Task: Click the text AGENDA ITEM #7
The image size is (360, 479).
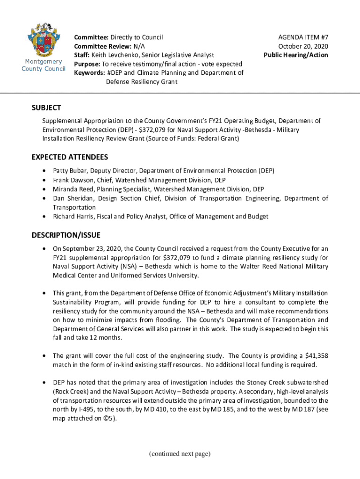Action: click(303, 37)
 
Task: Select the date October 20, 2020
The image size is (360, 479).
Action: click(303, 46)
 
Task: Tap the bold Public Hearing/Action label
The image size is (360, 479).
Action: click(296, 55)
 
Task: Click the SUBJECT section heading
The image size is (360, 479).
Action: click(46, 108)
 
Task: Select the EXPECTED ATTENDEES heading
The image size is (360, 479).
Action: click(70, 157)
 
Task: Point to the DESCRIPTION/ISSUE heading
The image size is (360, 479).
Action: click(66, 235)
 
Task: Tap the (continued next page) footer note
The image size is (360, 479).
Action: click(180, 454)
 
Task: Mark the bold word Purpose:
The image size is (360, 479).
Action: click(87, 64)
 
